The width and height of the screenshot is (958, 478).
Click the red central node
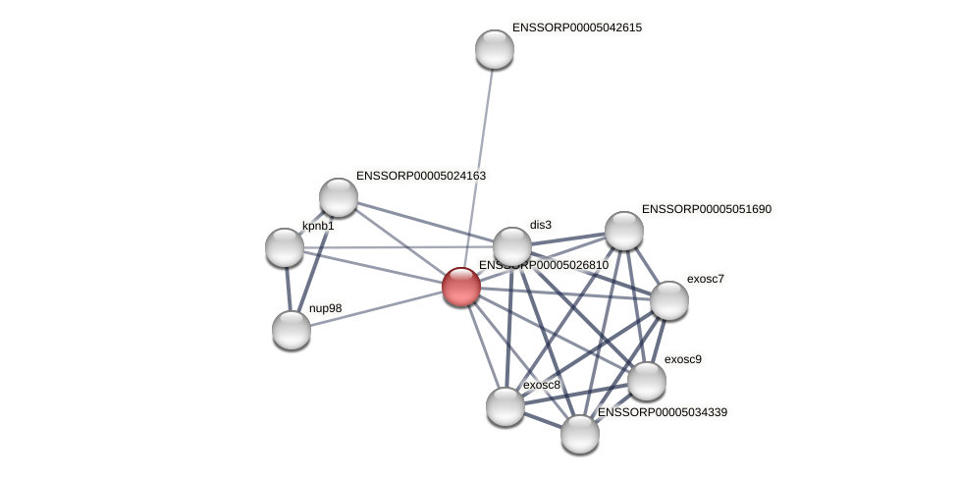click(x=460, y=287)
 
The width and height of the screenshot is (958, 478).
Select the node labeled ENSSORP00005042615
click(x=495, y=49)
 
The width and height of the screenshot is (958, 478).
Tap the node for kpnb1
click(x=285, y=247)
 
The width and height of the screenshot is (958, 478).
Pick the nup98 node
click(x=292, y=330)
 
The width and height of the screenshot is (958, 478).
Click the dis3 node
click(x=511, y=247)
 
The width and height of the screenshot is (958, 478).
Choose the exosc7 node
click(x=668, y=300)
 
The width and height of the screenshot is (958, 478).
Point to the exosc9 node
click(x=646, y=381)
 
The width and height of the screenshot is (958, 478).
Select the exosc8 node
click(x=506, y=406)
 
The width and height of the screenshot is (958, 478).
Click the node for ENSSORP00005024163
click(x=339, y=197)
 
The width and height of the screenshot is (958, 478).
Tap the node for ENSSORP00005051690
click(x=624, y=231)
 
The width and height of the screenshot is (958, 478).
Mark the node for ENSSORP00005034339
click(x=580, y=434)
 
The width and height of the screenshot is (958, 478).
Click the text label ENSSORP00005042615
click(x=576, y=27)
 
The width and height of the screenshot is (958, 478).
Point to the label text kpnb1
click(x=318, y=227)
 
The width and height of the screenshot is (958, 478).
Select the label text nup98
click(x=325, y=308)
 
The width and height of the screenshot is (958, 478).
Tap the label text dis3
click(x=540, y=225)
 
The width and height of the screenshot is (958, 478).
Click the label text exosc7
click(x=705, y=279)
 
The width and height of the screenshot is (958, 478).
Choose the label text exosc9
click(x=682, y=359)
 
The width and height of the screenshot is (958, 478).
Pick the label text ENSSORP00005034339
click(x=662, y=412)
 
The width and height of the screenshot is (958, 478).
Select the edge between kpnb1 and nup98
click(x=288, y=289)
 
